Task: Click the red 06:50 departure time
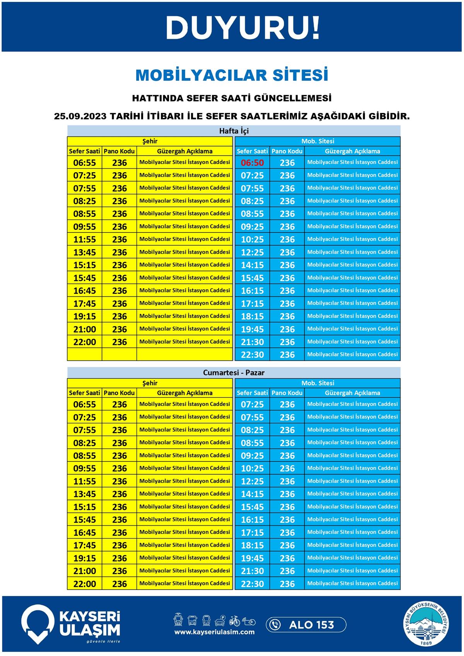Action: click(x=252, y=163)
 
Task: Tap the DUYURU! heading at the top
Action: click(x=243, y=28)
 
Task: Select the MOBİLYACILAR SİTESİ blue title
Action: click(x=232, y=75)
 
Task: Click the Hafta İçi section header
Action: click(x=234, y=131)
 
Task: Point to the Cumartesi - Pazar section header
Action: click(x=234, y=373)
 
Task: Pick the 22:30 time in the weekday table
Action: click(x=252, y=355)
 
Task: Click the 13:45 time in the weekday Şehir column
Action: click(x=84, y=252)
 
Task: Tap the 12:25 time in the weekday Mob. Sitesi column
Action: click(x=252, y=252)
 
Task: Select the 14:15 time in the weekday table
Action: click(x=252, y=265)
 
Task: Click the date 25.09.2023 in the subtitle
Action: click(x=80, y=116)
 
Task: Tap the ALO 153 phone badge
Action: click(x=306, y=625)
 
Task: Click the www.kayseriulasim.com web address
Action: click(x=214, y=632)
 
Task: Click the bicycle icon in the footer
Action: click(x=234, y=621)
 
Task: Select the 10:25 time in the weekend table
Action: click(x=252, y=468)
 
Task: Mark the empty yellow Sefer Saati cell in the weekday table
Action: click(x=84, y=354)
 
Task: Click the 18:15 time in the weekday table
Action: click(x=252, y=316)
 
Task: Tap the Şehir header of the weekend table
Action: click(x=150, y=383)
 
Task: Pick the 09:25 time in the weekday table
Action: click(x=252, y=227)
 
